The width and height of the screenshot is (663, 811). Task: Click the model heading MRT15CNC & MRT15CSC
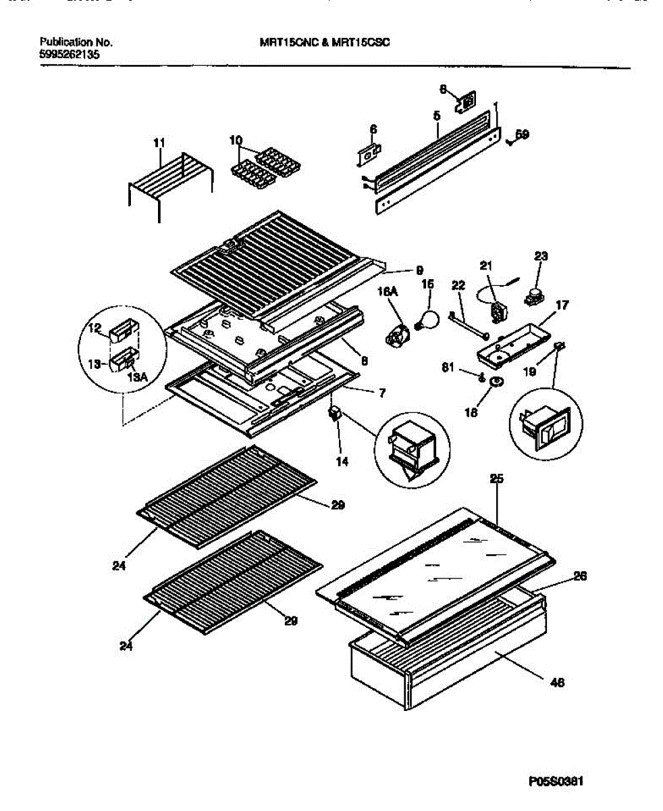tap(325, 41)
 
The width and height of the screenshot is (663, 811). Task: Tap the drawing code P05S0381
tap(556, 781)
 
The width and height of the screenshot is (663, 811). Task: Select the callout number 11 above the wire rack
tap(159, 142)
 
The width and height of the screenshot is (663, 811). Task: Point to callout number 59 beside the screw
tap(521, 134)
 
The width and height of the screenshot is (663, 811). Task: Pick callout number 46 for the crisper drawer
tap(557, 683)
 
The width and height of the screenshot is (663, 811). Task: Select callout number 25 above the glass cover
tap(496, 479)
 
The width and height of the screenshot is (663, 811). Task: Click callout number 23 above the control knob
tap(541, 256)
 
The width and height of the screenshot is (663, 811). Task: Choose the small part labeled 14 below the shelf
tap(334, 414)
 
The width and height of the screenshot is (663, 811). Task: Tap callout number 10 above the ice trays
tap(236, 141)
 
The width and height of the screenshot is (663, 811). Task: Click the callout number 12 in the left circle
tap(94, 329)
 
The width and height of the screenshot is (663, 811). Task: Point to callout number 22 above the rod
tap(458, 286)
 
